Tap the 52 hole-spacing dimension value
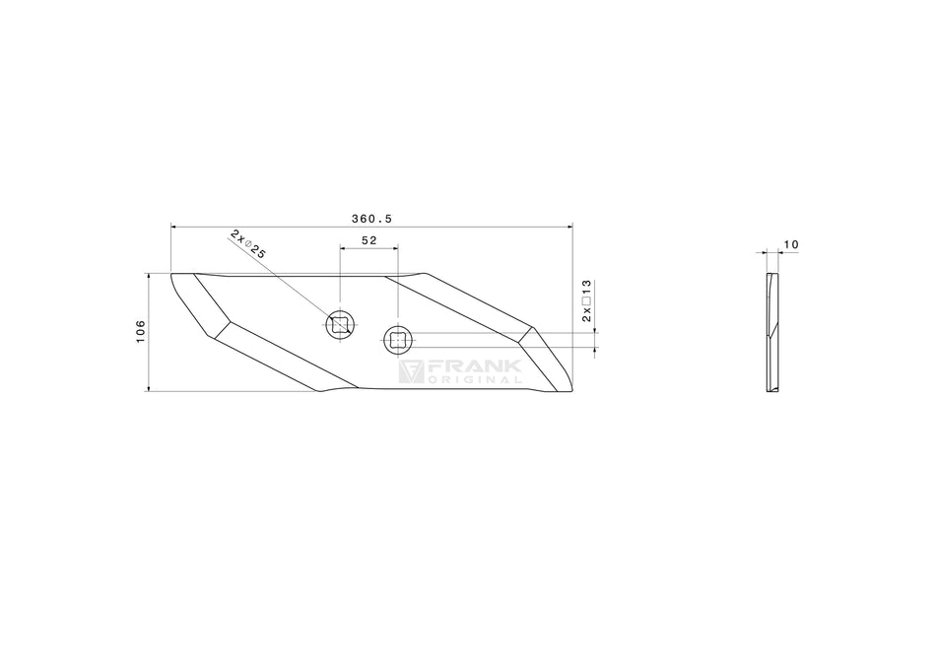[x=369, y=240]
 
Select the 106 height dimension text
[x=141, y=331]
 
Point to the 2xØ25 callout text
[x=248, y=243]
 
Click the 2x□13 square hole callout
[x=586, y=300]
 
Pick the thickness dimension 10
[x=792, y=243]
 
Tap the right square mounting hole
[x=398, y=340]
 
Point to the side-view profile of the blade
[x=770, y=333]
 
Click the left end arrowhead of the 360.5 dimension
[x=175, y=227]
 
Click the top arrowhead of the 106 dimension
[x=148, y=277]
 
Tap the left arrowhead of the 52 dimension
[x=343, y=248]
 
